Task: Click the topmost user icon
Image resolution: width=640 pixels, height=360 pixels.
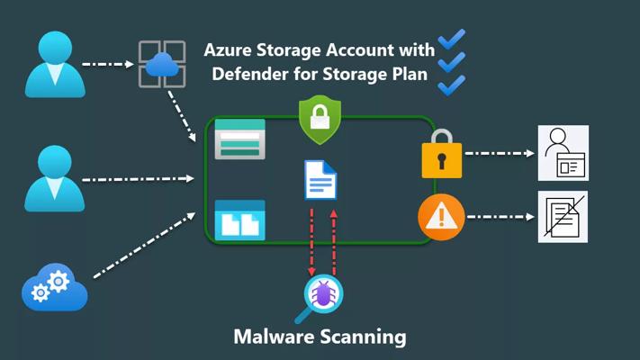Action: [55, 64]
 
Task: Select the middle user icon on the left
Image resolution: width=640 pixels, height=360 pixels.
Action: [55, 178]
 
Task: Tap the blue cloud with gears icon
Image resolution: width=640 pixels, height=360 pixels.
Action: [54, 288]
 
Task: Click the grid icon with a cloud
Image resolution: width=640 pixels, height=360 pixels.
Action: [161, 64]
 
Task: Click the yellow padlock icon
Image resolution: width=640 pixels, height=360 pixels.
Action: [441, 153]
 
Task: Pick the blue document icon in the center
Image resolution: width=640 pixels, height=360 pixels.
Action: [321, 180]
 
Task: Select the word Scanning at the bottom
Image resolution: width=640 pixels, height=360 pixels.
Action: [365, 337]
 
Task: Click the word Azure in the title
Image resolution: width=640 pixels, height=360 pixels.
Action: [231, 50]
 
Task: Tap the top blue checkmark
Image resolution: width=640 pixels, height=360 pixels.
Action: [451, 40]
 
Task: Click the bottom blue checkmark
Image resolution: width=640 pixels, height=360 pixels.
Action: [451, 85]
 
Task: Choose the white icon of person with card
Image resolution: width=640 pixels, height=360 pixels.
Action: [563, 153]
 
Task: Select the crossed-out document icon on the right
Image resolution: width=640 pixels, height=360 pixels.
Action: [563, 217]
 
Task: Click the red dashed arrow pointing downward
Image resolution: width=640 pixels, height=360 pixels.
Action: [311, 241]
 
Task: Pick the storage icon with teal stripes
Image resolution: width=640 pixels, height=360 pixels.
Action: [239, 139]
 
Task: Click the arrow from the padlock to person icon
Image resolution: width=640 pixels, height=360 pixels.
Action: [500, 153]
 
